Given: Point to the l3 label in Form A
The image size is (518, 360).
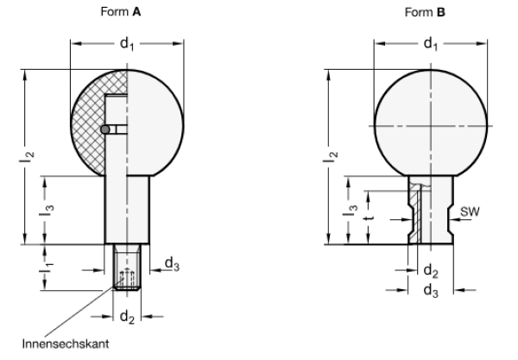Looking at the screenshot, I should pyautogui.click(x=52, y=208).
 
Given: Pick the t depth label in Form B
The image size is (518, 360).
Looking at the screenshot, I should pyautogui.click(x=370, y=218).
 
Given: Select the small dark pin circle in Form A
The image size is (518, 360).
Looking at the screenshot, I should pyautogui.click(x=104, y=129).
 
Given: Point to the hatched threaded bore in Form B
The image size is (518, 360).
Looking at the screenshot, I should pyautogui.click(x=416, y=212).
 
